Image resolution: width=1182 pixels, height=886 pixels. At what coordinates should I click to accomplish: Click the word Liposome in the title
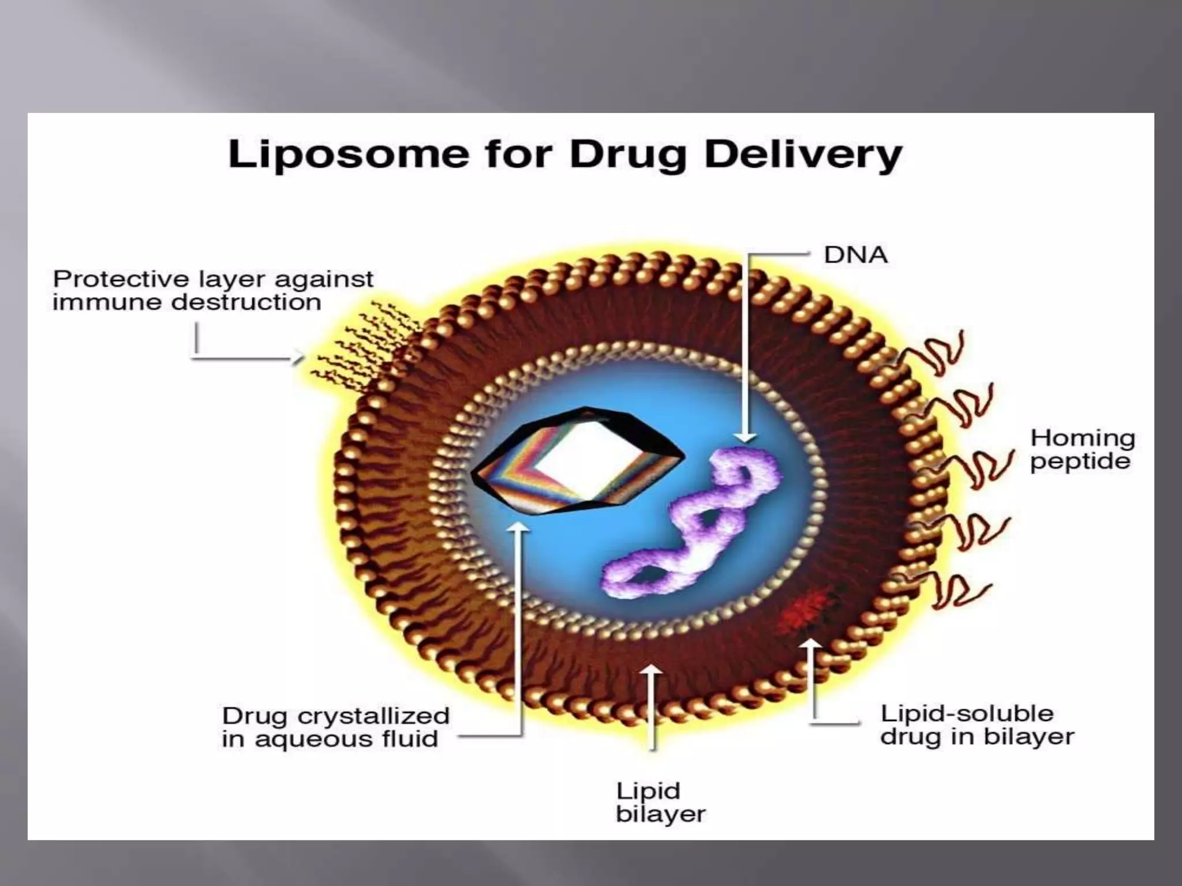[349, 155]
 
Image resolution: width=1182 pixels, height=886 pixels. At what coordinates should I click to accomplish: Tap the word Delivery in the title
[803, 155]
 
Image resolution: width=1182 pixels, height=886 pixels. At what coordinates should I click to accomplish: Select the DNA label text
[855, 255]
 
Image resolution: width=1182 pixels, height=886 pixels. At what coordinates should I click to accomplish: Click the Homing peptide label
[1082, 449]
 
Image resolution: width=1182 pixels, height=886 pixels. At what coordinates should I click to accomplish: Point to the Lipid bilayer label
[660, 802]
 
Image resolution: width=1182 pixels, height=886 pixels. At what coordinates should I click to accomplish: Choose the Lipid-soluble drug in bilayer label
[977, 725]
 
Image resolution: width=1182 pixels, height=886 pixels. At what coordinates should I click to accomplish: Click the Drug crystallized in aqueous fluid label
[335, 727]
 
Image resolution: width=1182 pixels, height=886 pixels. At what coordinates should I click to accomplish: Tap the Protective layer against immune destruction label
[213, 291]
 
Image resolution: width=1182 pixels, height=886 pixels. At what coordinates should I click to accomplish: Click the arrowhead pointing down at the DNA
[746, 437]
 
